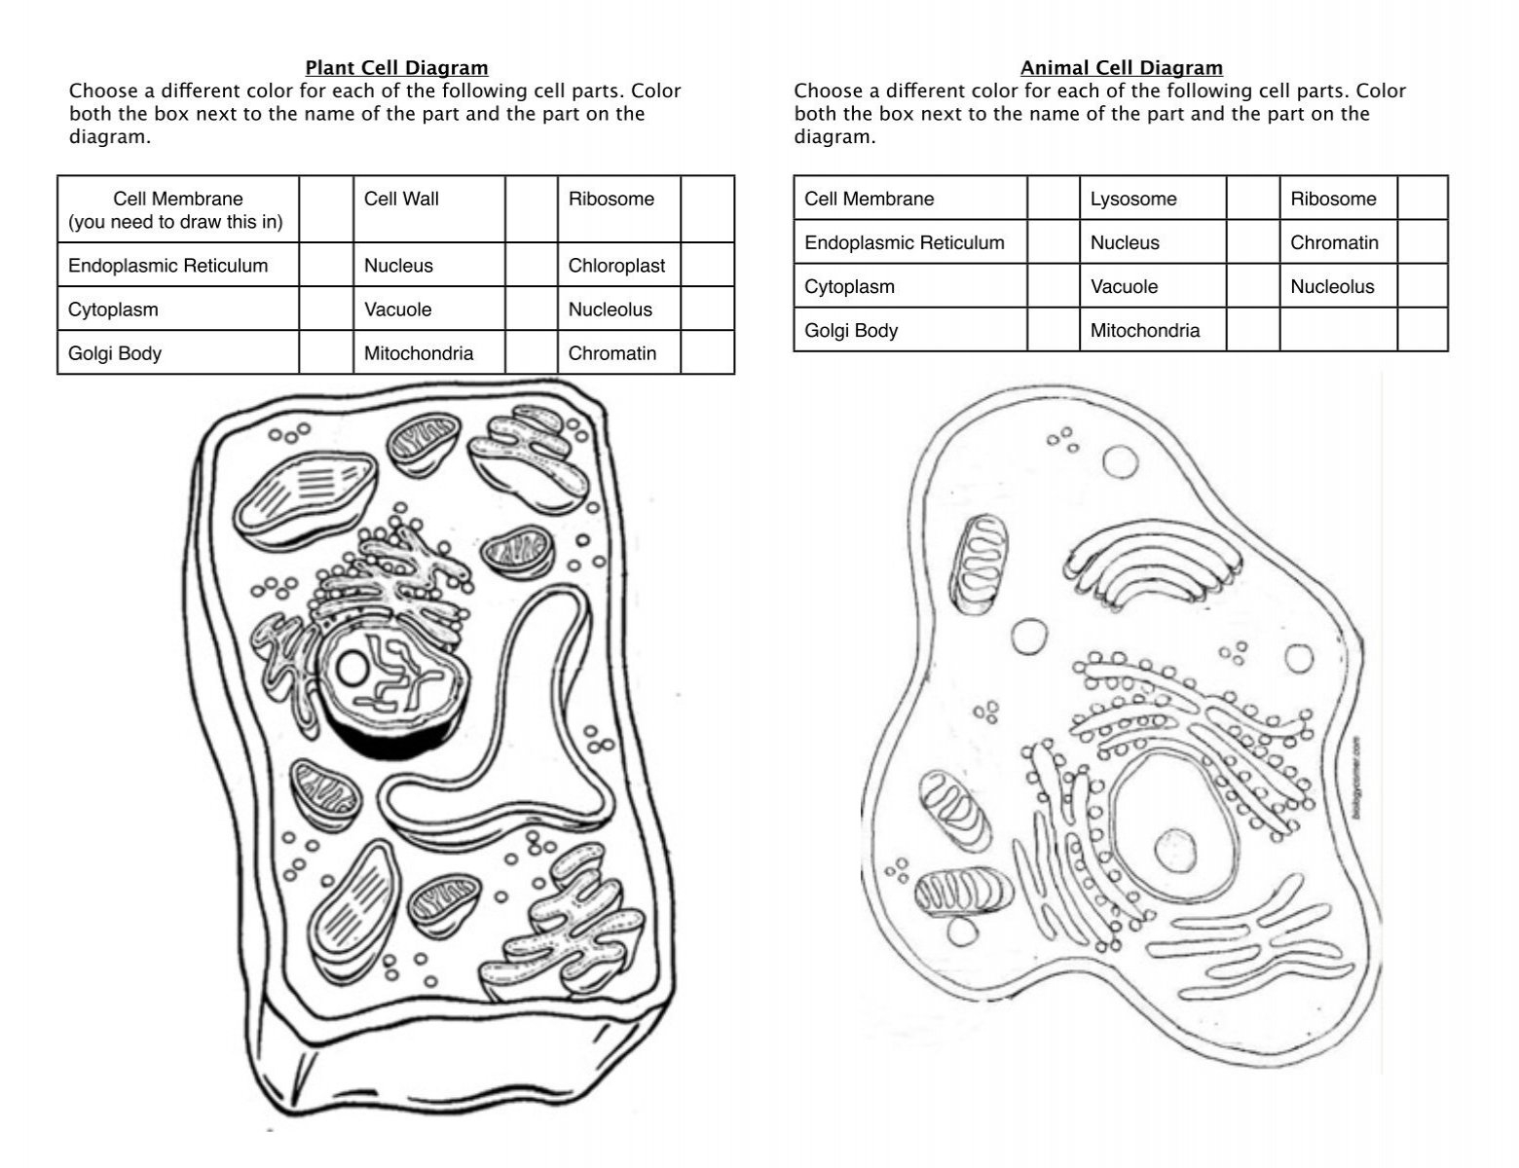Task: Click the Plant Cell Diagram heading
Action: (x=396, y=67)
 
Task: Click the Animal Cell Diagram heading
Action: (x=1121, y=67)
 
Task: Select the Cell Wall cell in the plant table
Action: (x=401, y=200)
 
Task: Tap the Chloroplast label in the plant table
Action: (x=616, y=266)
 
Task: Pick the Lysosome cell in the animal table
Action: (x=1133, y=200)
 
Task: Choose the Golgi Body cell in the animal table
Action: (x=851, y=331)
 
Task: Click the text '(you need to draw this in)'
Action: (x=175, y=222)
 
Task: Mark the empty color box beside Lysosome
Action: (x=1252, y=199)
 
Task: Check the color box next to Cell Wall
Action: (x=531, y=209)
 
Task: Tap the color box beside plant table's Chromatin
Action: (x=707, y=352)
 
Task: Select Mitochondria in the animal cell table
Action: (x=1144, y=331)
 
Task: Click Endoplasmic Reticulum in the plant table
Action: (x=167, y=266)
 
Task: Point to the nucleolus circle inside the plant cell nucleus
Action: (x=352, y=668)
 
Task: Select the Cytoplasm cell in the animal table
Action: (x=849, y=287)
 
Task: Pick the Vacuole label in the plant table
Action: (x=397, y=310)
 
